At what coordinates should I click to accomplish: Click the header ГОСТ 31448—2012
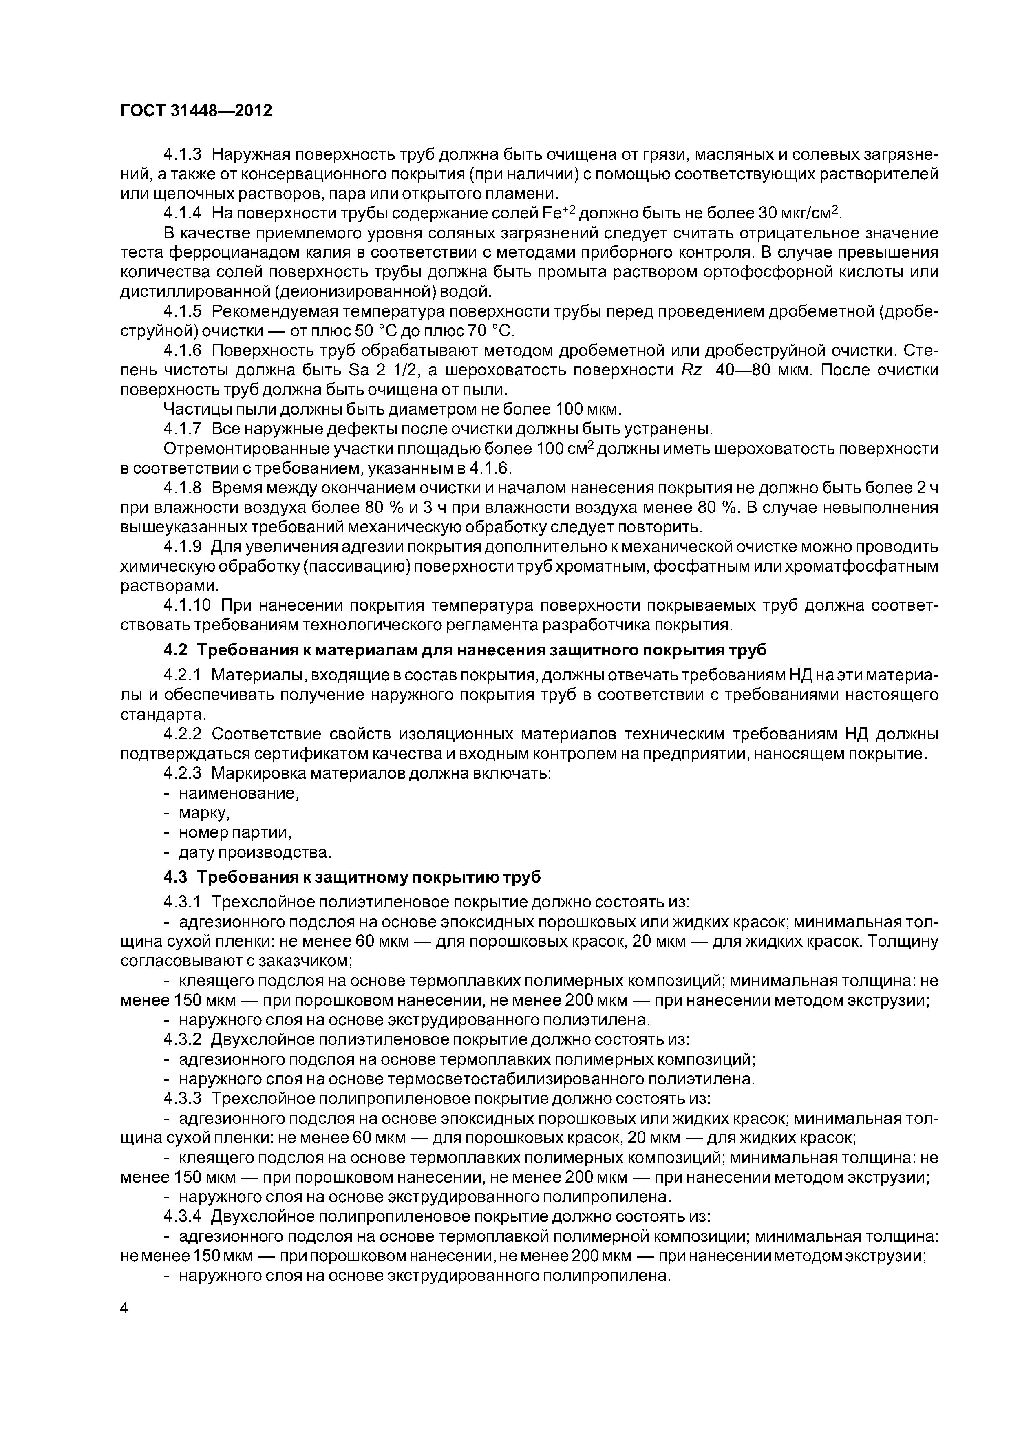[196, 111]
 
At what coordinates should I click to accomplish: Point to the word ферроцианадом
[231, 253]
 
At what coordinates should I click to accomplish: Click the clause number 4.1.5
[182, 311]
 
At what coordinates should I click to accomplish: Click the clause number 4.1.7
[182, 428]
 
